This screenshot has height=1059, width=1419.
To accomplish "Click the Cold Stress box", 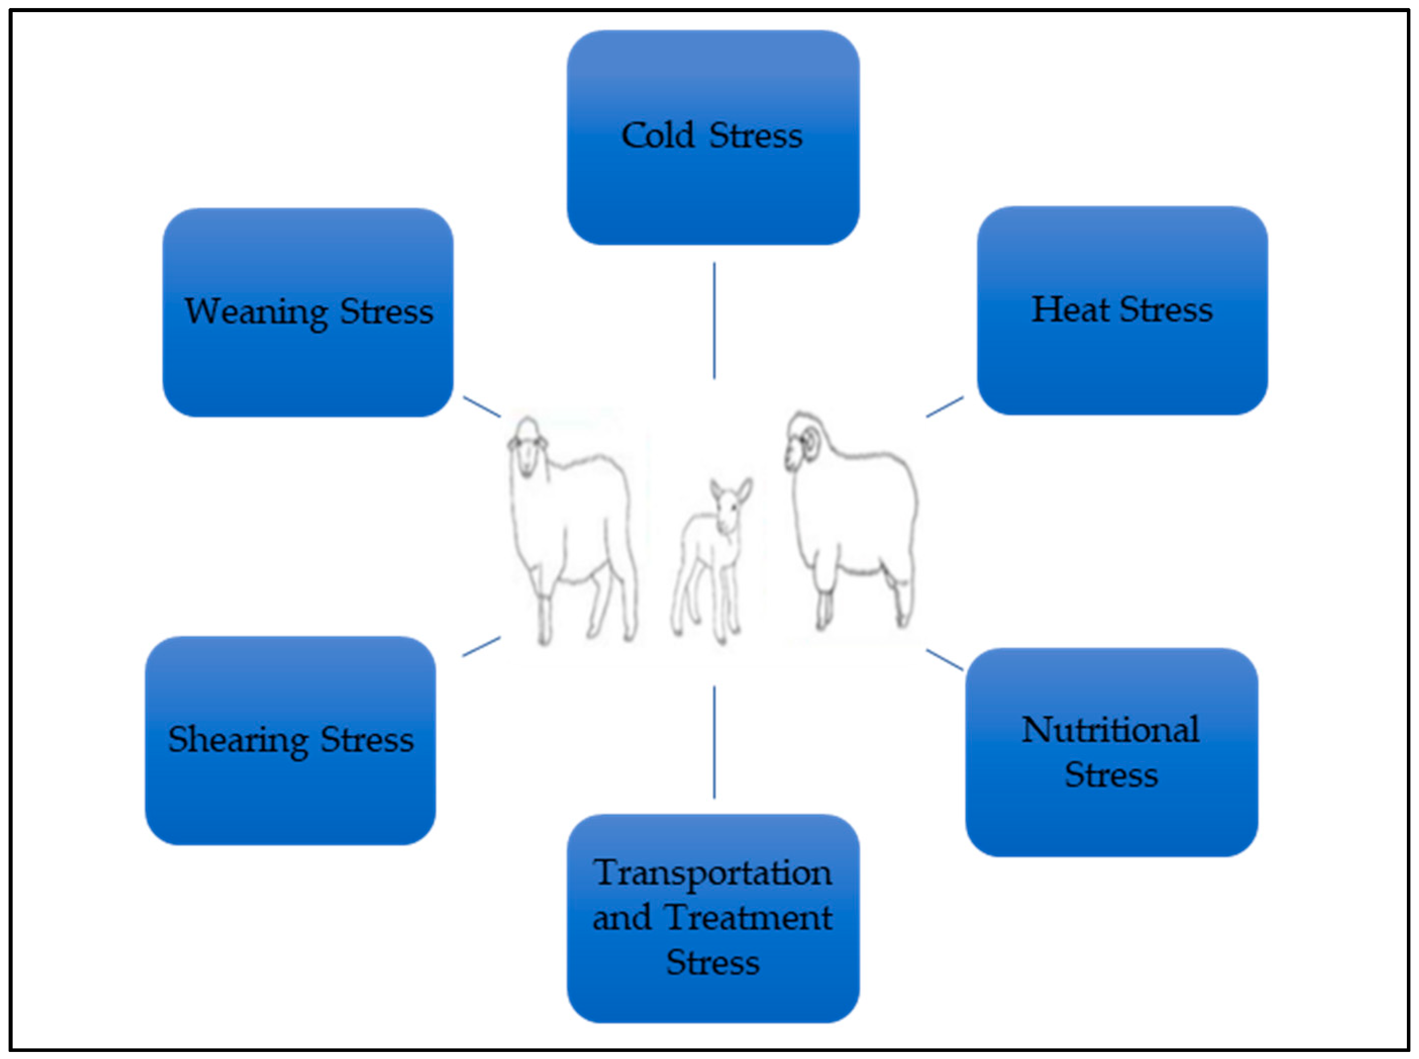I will tap(713, 186).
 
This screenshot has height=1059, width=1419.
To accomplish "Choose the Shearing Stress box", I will tap(290, 795).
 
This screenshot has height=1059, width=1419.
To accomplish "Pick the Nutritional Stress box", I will tap(1111, 821).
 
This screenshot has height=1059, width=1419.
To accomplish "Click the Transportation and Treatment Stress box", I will tap(713, 1000).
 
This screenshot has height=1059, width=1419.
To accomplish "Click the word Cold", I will tap(658, 136).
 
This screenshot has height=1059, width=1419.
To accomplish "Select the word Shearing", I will tap(238, 740).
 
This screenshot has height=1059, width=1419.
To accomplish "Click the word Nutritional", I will tap(1110, 730).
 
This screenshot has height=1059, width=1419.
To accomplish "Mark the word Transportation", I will tap(713, 873).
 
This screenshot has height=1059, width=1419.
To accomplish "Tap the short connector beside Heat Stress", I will tap(944, 406).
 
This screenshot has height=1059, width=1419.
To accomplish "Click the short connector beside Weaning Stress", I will tap(482, 406).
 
